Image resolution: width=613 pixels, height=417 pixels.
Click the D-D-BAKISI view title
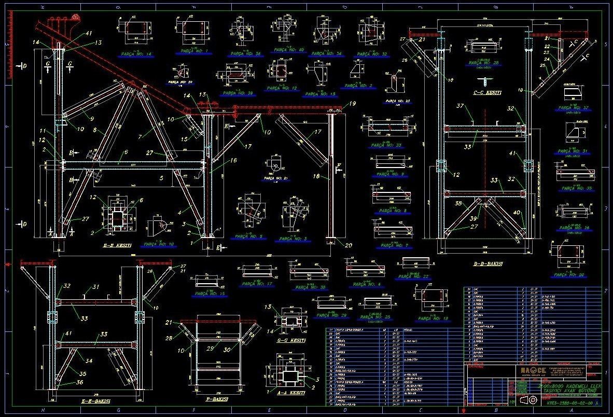click(x=488, y=263)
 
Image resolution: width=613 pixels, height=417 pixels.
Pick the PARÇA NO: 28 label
click(x=483, y=63)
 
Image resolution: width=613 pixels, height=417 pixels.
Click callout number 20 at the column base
click(x=348, y=246)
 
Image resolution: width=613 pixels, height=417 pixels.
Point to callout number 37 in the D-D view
click(x=459, y=107)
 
